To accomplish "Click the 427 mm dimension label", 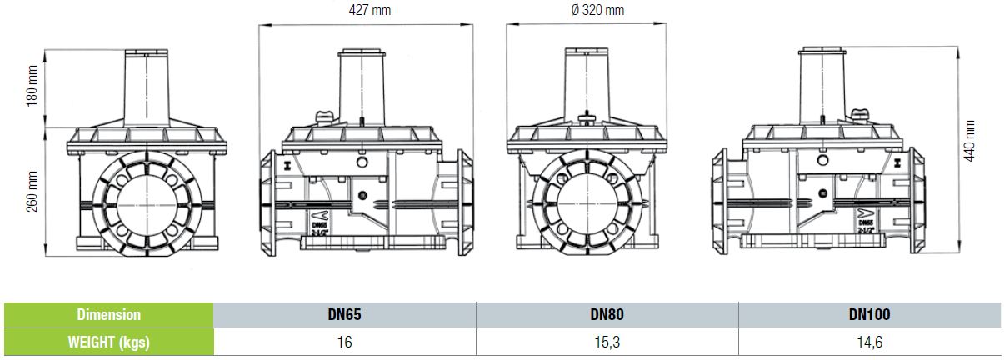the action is [370, 10].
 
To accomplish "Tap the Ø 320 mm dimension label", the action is [597, 10].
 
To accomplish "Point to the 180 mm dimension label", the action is [32, 86].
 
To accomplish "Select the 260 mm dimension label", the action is [32, 192].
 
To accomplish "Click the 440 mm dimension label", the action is [969, 141].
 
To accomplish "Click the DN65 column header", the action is [344, 314].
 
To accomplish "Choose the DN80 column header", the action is [607, 314].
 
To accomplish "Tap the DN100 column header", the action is [870, 314].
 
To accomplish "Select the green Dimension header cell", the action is [109, 315].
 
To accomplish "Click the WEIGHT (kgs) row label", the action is [109, 342].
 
